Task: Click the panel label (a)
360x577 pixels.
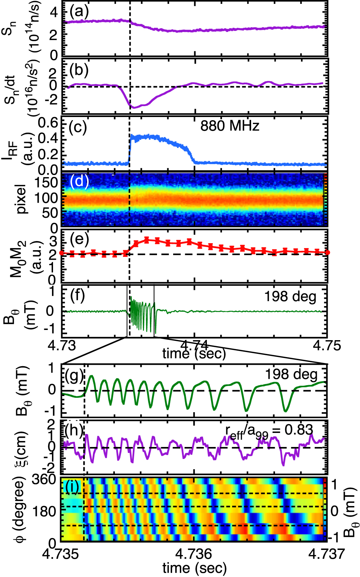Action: pyautogui.click(x=79, y=12)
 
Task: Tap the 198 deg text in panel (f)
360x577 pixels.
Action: pyautogui.click(x=290, y=297)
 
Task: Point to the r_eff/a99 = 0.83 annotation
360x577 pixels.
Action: pyautogui.click(x=269, y=431)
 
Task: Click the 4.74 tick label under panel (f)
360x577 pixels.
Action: pyautogui.click(x=195, y=345)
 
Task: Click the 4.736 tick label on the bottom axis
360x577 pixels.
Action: pyautogui.click(x=194, y=554)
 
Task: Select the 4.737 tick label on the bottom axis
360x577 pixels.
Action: pyautogui.click(x=327, y=554)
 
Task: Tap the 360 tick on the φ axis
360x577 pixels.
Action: pyautogui.click(x=44, y=480)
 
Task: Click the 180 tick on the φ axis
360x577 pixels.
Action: pyautogui.click(x=45, y=511)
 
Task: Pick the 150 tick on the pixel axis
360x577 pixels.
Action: pyautogui.click(x=45, y=183)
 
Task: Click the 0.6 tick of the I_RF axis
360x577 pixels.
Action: pyautogui.click(x=48, y=123)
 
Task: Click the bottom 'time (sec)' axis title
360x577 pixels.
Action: pyautogui.click(x=194, y=568)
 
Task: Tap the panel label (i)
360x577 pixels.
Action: pyautogui.click(x=73, y=487)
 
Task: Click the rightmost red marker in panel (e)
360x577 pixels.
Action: pyautogui.click(x=327, y=252)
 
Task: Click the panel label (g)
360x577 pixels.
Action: pyautogui.click(x=74, y=376)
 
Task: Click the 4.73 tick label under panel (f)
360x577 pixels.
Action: pyautogui.click(x=62, y=345)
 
